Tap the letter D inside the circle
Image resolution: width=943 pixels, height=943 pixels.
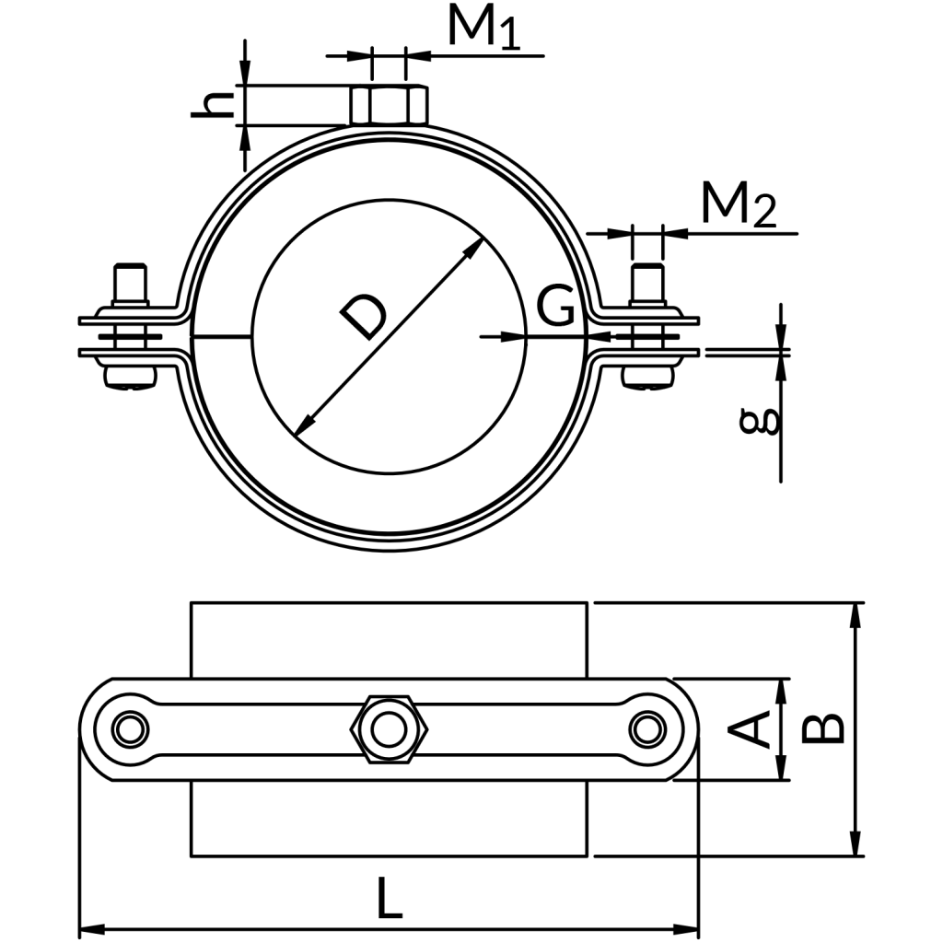coord(362,318)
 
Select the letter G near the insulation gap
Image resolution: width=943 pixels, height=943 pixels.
coord(555,308)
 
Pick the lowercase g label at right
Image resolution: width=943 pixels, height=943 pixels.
coord(762,422)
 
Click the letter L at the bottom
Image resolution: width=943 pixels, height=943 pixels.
coord(390,898)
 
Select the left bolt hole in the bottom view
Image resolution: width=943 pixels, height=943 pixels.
coord(129,729)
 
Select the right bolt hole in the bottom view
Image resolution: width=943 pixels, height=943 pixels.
coord(646,729)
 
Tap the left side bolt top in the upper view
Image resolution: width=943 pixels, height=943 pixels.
coord(130,283)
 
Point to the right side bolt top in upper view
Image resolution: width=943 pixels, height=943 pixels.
coord(647,283)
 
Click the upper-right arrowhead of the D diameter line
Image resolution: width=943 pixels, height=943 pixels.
coord(476,246)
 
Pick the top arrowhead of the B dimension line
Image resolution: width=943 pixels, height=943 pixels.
coord(857,612)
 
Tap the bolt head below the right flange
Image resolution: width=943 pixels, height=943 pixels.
coord(648,377)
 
